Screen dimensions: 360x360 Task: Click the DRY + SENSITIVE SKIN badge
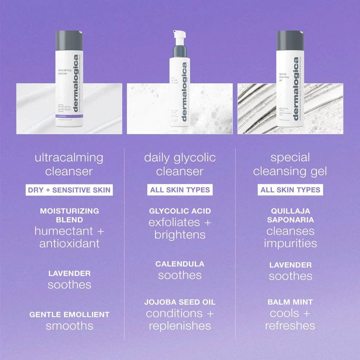(69, 190)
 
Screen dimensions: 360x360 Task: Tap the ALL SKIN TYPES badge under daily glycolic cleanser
(180, 189)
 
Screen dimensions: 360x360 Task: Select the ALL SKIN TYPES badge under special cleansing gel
(290, 190)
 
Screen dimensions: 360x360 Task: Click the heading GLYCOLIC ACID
(180, 211)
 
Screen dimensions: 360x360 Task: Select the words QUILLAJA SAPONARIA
(290, 215)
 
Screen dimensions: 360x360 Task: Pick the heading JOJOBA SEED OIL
(180, 302)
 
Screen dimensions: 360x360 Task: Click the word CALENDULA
(180, 264)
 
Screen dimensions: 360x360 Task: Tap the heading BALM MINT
(290, 302)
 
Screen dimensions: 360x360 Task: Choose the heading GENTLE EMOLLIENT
(69, 315)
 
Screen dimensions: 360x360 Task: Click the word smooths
(69, 326)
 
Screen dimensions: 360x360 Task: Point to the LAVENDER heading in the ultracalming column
(69, 273)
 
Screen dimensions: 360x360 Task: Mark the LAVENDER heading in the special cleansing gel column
(290, 265)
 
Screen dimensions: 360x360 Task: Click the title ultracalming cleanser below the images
(69, 164)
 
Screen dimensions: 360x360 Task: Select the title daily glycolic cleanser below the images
(180, 164)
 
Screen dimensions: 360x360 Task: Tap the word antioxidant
(69, 243)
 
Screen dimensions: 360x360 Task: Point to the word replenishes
(180, 326)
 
